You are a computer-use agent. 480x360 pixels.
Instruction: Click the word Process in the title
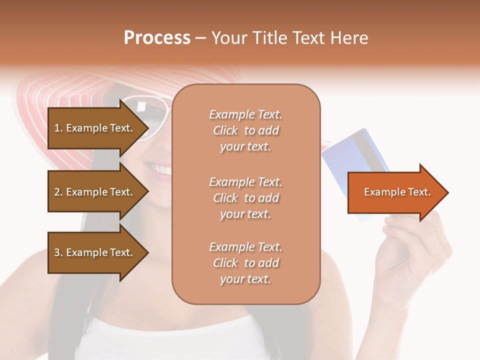click(157, 38)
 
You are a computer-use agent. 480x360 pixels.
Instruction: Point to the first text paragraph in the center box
click(245, 130)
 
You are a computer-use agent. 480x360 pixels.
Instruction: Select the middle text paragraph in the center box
click(245, 198)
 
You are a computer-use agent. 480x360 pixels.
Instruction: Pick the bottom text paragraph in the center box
click(245, 263)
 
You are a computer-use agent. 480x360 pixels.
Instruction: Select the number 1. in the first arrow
click(58, 128)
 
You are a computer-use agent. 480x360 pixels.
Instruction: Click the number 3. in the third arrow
click(58, 252)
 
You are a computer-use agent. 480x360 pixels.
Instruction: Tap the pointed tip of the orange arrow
click(446, 192)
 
